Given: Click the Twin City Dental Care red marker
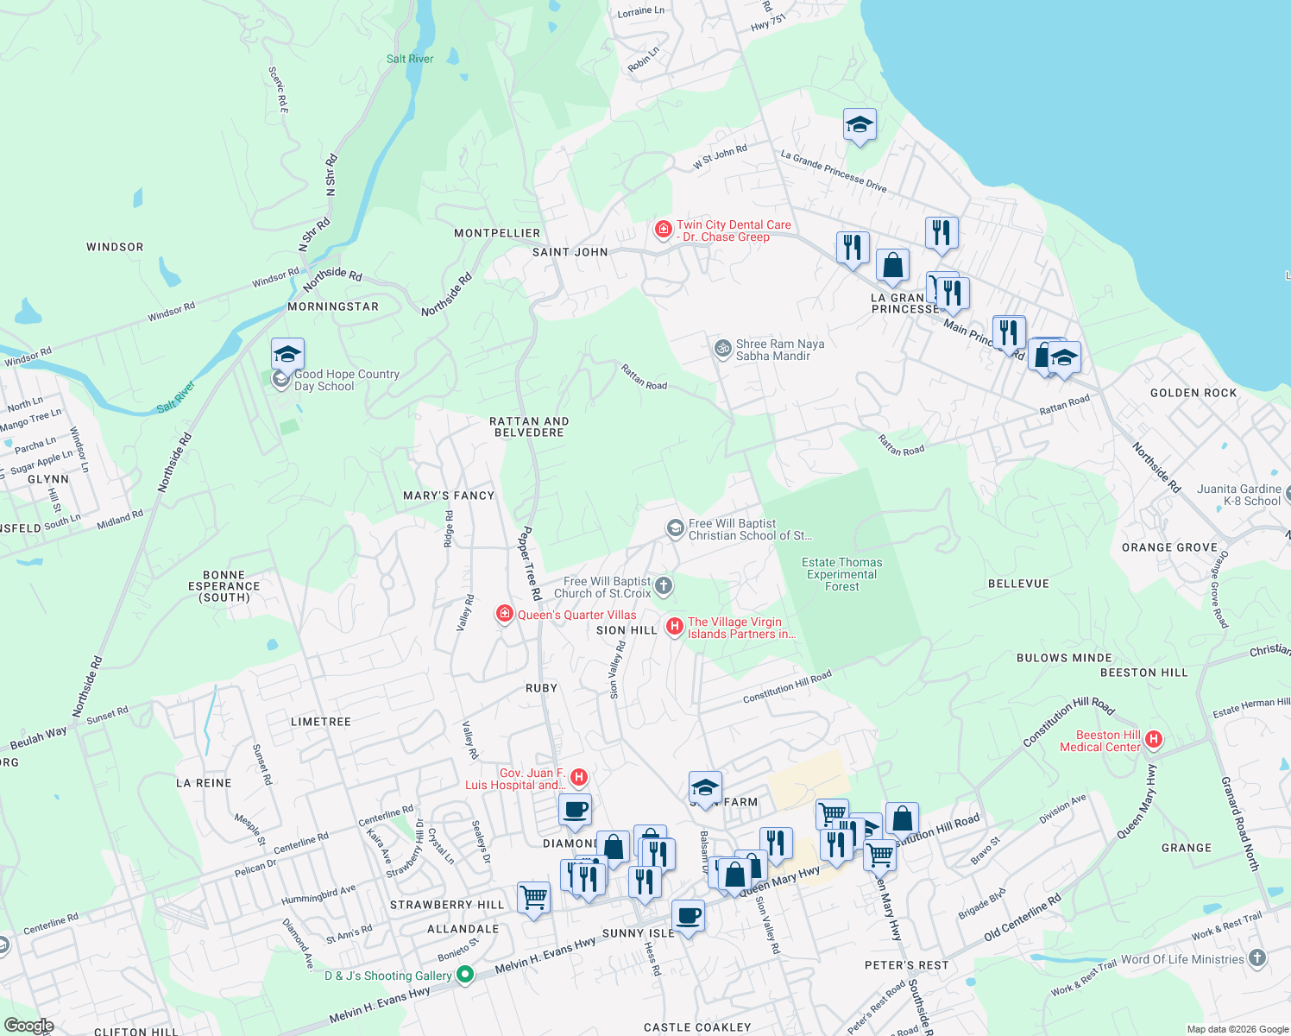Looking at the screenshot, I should pos(663,230).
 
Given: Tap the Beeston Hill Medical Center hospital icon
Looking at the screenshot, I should pos(1154,740).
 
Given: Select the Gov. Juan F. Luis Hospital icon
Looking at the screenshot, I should pos(580,778).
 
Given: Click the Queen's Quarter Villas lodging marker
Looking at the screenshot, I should pos(505,614).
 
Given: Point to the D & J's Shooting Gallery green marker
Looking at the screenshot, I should pos(465,975).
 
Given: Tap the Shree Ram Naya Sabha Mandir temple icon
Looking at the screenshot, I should pos(722,349).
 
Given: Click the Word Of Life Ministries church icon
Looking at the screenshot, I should pos(1257,957).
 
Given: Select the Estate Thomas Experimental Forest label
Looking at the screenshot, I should pos(842,574).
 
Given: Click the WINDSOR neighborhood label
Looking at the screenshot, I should pos(115,247).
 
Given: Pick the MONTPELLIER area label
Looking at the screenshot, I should pos(497,233).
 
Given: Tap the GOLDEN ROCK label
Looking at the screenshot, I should pos(1193,393).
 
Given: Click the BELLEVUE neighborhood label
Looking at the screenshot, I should pos(1018,584).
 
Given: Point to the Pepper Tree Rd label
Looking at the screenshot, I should pos(529,563).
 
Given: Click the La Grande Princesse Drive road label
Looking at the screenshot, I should pos(833,171).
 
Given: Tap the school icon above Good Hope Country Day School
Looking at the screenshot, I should pos(287,354).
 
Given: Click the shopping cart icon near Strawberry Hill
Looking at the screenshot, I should pos(534,898).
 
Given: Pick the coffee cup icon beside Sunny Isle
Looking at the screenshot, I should pos(688,915).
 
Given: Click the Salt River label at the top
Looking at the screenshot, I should pos(410,59).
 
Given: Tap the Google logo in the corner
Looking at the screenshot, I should pos(28,1026).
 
